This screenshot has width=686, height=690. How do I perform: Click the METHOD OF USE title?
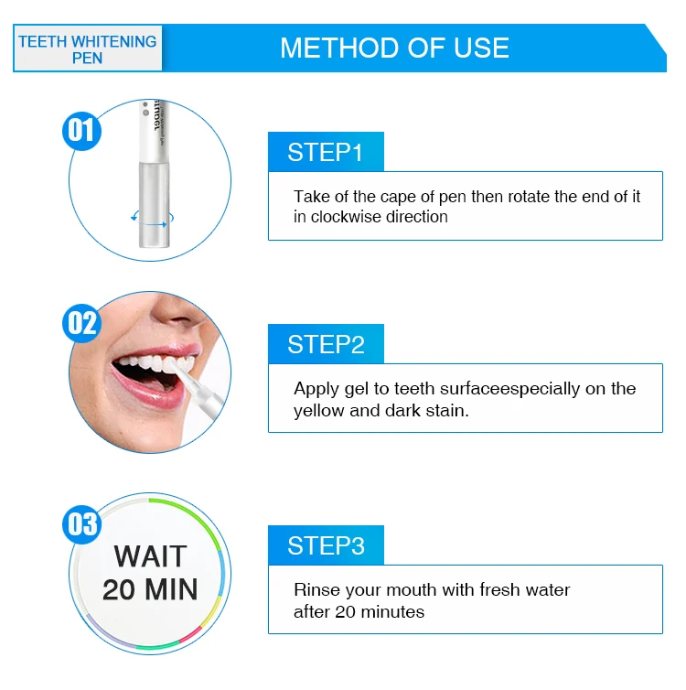pyautogui.click(x=394, y=48)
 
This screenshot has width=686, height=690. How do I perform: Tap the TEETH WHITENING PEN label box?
pyautogui.click(x=88, y=49)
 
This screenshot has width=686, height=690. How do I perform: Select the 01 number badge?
pyautogui.click(x=81, y=131)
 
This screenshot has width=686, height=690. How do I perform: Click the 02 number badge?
pyautogui.click(x=81, y=323)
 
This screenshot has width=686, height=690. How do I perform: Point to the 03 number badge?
pyautogui.click(x=81, y=524)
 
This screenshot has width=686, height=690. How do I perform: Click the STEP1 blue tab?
pyautogui.click(x=326, y=151)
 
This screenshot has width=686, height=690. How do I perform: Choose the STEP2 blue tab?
pyautogui.click(x=326, y=344)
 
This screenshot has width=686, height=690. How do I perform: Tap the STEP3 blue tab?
pyautogui.click(x=326, y=544)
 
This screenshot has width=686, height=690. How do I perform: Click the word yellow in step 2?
pyautogui.click(x=319, y=411)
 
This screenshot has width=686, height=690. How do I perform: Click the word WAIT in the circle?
pyautogui.click(x=150, y=556)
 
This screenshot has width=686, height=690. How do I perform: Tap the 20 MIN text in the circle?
pyautogui.click(x=150, y=589)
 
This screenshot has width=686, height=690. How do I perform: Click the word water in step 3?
pyautogui.click(x=548, y=589)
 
